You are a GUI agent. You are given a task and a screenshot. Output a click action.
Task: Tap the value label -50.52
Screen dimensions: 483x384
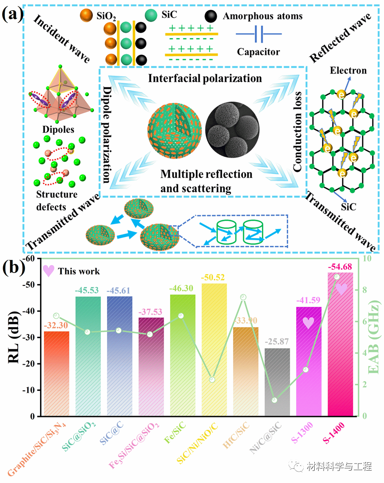coord(214,277)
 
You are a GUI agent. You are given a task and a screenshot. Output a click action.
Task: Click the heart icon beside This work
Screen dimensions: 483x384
coord(49,270)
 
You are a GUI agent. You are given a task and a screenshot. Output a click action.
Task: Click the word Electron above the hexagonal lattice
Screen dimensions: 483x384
coord(348,70)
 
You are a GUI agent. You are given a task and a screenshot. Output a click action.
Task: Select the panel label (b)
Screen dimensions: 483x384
coord(14,268)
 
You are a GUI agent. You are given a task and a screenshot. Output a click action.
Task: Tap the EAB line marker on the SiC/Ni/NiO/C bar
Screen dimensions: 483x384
coord(212,380)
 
